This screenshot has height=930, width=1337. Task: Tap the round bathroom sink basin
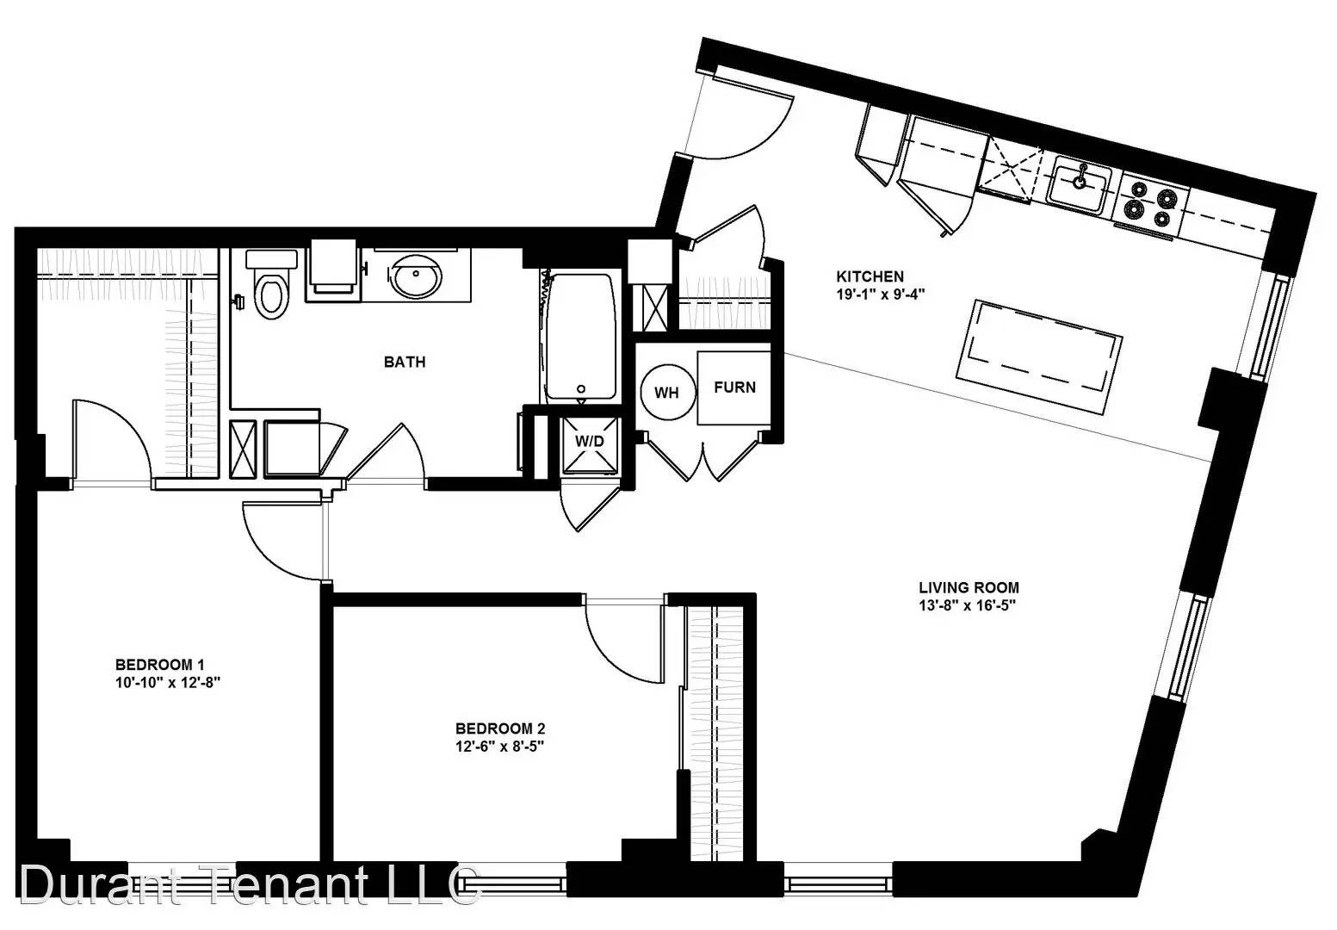[417, 276]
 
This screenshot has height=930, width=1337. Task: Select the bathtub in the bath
[581, 336]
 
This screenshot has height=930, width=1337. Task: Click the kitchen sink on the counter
[1081, 186]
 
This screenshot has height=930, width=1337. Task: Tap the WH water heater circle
[667, 392]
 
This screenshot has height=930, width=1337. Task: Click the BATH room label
[405, 362]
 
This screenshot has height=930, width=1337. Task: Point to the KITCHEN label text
[870, 276]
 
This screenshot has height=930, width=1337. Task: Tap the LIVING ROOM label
[969, 587]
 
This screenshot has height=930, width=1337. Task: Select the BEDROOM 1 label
[160, 665]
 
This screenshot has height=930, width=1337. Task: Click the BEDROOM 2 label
[500, 728]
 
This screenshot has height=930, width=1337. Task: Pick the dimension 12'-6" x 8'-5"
[500, 746]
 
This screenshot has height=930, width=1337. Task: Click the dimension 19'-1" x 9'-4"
[881, 294]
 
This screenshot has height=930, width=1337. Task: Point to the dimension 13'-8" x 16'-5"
[968, 605]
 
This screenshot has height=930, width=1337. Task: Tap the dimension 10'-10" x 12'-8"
[169, 682]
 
